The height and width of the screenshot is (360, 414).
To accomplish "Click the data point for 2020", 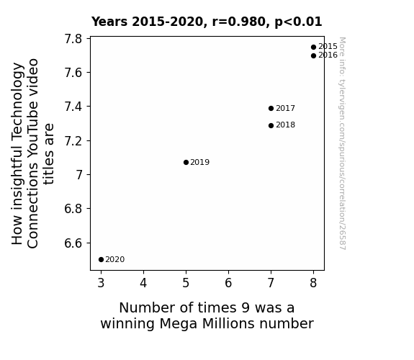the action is (x=101, y=260).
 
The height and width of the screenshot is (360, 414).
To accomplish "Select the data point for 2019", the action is (x=186, y=162).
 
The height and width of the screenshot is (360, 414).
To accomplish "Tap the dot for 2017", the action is (x=271, y=108).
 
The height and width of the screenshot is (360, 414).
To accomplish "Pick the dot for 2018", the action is (x=271, y=125).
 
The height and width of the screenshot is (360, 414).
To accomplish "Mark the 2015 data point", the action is (x=313, y=48).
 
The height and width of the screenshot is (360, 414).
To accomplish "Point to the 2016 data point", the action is (x=313, y=55).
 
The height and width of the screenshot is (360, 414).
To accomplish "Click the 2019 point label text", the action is (x=200, y=162).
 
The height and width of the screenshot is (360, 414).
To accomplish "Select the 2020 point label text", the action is (x=115, y=260).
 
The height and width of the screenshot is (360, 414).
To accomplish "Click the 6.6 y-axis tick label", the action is (x=73, y=243).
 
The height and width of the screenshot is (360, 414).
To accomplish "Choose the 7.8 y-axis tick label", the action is (x=73, y=39).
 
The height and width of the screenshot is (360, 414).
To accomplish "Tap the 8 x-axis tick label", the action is (x=313, y=283).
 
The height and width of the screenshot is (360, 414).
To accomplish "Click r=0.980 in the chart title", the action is (x=240, y=22).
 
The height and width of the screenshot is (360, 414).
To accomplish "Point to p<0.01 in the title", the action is (x=298, y=22).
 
